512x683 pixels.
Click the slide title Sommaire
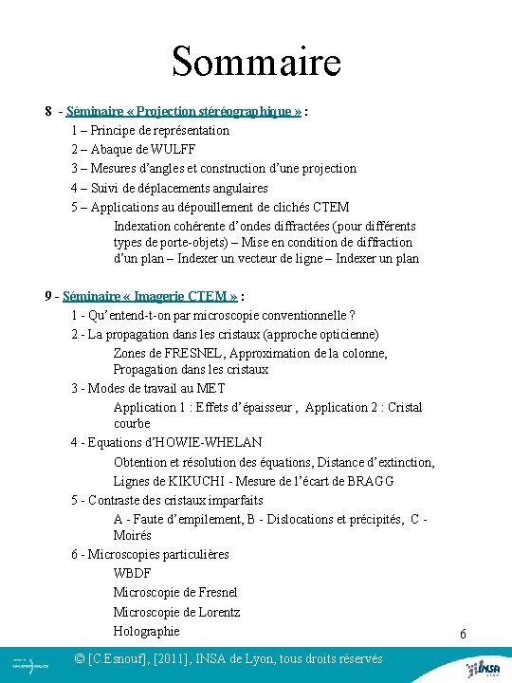[x=255, y=63]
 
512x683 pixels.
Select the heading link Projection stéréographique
[x=184, y=111]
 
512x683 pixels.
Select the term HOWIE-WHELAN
[x=208, y=442]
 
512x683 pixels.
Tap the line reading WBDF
[x=132, y=574]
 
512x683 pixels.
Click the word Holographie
[x=146, y=631]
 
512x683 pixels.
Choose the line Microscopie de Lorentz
[x=176, y=612]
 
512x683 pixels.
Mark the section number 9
[x=47, y=296]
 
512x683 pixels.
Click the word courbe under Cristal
[x=132, y=424]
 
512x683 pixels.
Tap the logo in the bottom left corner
[x=31, y=664]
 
